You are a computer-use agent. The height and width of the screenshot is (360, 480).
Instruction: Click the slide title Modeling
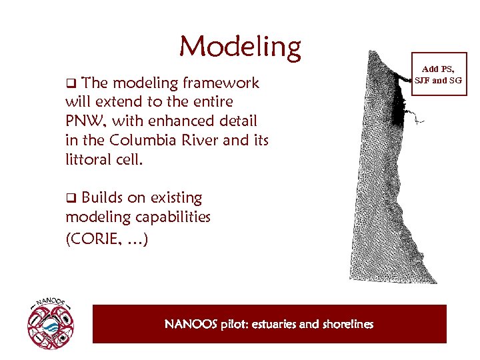tap(240, 47)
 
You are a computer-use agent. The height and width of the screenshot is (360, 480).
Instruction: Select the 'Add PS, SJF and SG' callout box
tap(438, 75)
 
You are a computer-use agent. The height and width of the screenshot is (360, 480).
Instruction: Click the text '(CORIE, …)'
tap(107, 238)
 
